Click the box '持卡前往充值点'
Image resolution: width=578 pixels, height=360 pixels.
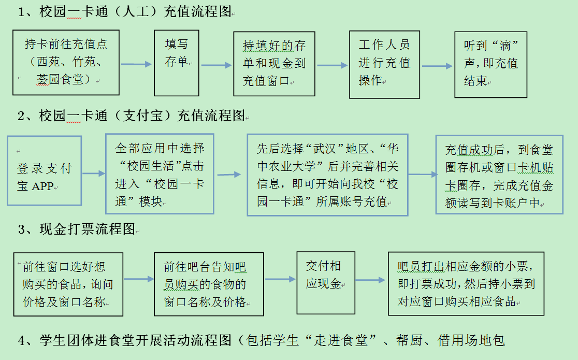(x=66, y=63)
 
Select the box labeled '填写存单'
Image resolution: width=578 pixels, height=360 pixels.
(x=177, y=63)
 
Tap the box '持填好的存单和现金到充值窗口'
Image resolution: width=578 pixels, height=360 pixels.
(x=274, y=64)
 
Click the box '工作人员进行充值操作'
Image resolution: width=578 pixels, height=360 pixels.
(x=384, y=64)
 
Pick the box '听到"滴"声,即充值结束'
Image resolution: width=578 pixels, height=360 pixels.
(x=490, y=64)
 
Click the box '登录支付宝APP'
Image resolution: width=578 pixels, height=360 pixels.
(x=45, y=170)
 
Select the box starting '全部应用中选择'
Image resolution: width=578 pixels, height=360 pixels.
(x=160, y=174)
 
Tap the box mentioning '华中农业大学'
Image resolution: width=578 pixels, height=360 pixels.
(x=327, y=175)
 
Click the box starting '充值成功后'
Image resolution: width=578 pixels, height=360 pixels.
(x=499, y=175)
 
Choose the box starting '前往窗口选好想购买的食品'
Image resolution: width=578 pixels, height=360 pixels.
(x=68, y=284)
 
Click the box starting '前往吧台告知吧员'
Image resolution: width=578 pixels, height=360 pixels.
(x=209, y=284)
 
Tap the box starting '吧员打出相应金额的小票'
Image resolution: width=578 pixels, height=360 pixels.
(x=466, y=283)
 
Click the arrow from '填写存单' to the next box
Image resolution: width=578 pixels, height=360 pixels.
(x=216, y=65)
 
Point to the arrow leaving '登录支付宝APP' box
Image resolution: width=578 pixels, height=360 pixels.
(x=94, y=174)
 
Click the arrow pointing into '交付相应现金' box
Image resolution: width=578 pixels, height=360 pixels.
(x=280, y=280)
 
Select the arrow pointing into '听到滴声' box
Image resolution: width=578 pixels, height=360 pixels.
(x=437, y=66)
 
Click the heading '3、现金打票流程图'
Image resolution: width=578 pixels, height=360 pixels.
(x=77, y=229)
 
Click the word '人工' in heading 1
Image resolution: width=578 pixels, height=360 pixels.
(x=133, y=11)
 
